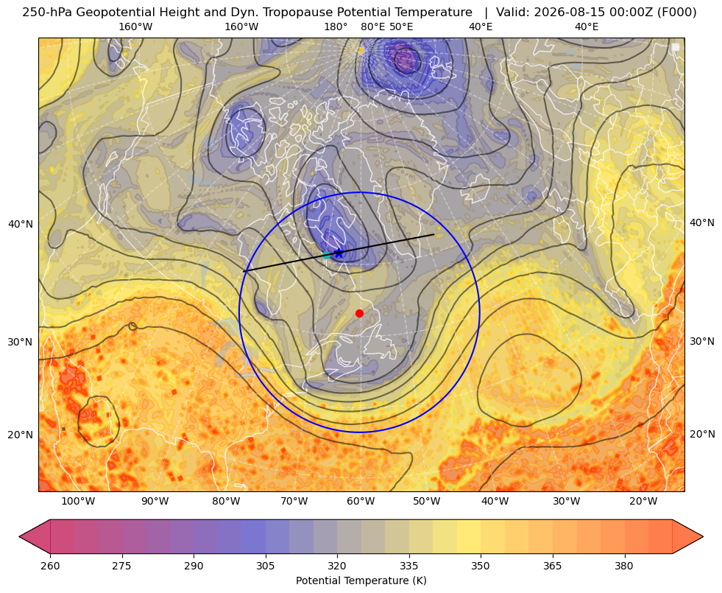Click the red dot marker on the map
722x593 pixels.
click(x=360, y=313)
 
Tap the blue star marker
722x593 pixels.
click(x=339, y=253)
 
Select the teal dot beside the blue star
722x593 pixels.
click(x=327, y=255)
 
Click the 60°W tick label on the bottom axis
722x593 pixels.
click(x=361, y=502)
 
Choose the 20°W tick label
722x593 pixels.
click(x=643, y=502)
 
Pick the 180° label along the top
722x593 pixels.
click(x=336, y=27)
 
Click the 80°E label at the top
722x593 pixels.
click(x=372, y=27)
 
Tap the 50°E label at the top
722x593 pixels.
click(x=401, y=27)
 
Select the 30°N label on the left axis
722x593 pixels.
click(x=21, y=343)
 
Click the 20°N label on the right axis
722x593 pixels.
click(x=702, y=434)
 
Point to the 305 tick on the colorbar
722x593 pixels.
click(x=265, y=566)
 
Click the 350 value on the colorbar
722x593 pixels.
click(x=481, y=566)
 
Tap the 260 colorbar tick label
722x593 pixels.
click(x=50, y=566)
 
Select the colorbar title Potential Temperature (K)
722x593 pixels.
click(x=361, y=580)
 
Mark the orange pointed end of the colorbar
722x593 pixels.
click(x=687, y=537)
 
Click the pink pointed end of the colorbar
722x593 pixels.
click(x=35, y=537)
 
